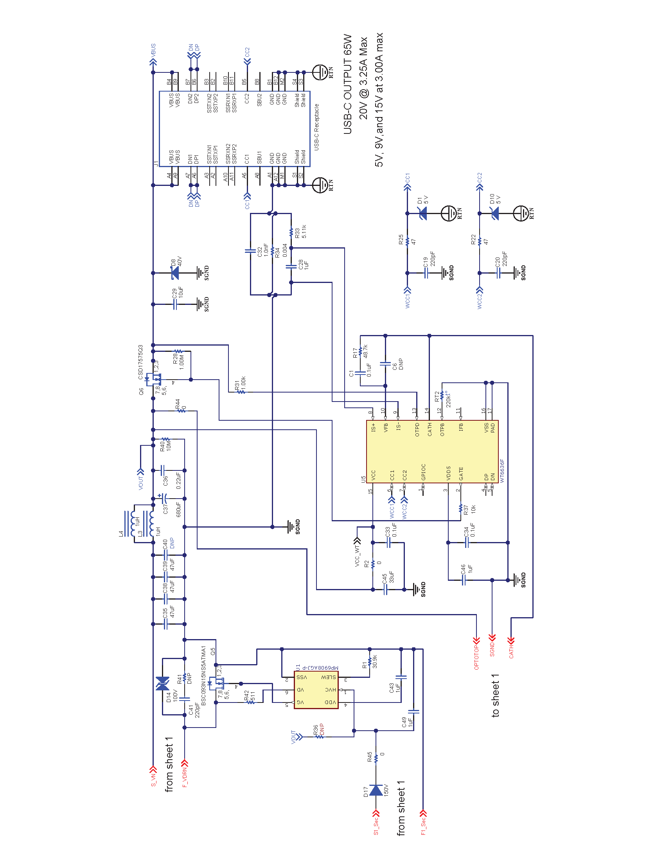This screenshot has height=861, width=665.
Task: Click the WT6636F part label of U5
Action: point(502,471)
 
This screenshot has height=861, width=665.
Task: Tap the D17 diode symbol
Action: point(376,790)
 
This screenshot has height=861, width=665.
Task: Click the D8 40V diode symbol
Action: point(174,273)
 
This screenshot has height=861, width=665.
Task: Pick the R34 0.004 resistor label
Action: point(281,250)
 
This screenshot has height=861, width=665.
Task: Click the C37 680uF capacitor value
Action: point(178,509)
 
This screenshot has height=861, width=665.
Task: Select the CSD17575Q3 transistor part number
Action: point(141,362)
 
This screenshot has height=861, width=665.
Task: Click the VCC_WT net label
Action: point(357,555)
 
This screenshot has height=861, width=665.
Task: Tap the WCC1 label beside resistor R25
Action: point(408,299)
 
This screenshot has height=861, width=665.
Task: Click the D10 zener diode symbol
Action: point(495,214)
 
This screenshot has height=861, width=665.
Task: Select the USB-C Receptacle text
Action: point(316,127)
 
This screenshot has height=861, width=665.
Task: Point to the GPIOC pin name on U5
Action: point(424,472)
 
